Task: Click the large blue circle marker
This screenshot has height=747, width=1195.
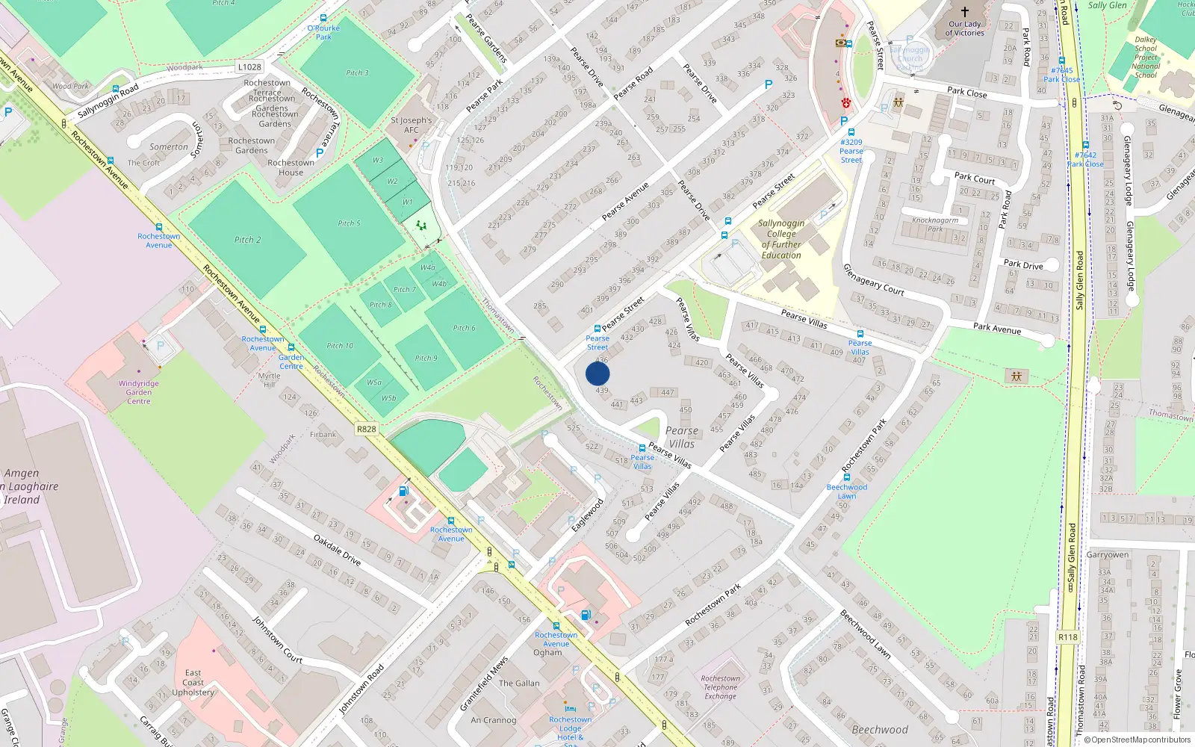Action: pyautogui.click(x=597, y=373)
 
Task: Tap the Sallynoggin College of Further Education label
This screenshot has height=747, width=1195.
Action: pyautogui.click(x=781, y=239)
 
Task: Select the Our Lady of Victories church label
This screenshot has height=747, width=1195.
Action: pyautogui.click(x=964, y=28)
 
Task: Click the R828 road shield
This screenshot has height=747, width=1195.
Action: pyautogui.click(x=367, y=429)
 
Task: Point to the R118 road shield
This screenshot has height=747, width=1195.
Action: pyautogui.click(x=1068, y=637)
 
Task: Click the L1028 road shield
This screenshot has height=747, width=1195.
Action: pyautogui.click(x=249, y=67)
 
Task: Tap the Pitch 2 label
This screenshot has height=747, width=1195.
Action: pyautogui.click(x=248, y=240)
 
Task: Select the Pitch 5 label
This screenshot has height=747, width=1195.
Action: pyautogui.click(x=349, y=223)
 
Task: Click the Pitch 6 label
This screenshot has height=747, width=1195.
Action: pyautogui.click(x=464, y=328)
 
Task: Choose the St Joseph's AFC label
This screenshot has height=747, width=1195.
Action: pyautogui.click(x=411, y=125)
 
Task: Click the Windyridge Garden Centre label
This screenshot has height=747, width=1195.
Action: pyautogui.click(x=138, y=392)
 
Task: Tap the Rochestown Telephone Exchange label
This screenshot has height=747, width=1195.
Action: pyautogui.click(x=720, y=687)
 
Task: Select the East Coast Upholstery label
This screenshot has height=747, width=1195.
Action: pyautogui.click(x=193, y=683)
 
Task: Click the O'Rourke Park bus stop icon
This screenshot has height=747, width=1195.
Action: pyautogui.click(x=323, y=18)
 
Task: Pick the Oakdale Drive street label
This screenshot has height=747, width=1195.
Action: pyautogui.click(x=337, y=550)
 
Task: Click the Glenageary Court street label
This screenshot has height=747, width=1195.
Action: pyautogui.click(x=873, y=279)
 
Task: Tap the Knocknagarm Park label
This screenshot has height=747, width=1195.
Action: pyautogui.click(x=935, y=224)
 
